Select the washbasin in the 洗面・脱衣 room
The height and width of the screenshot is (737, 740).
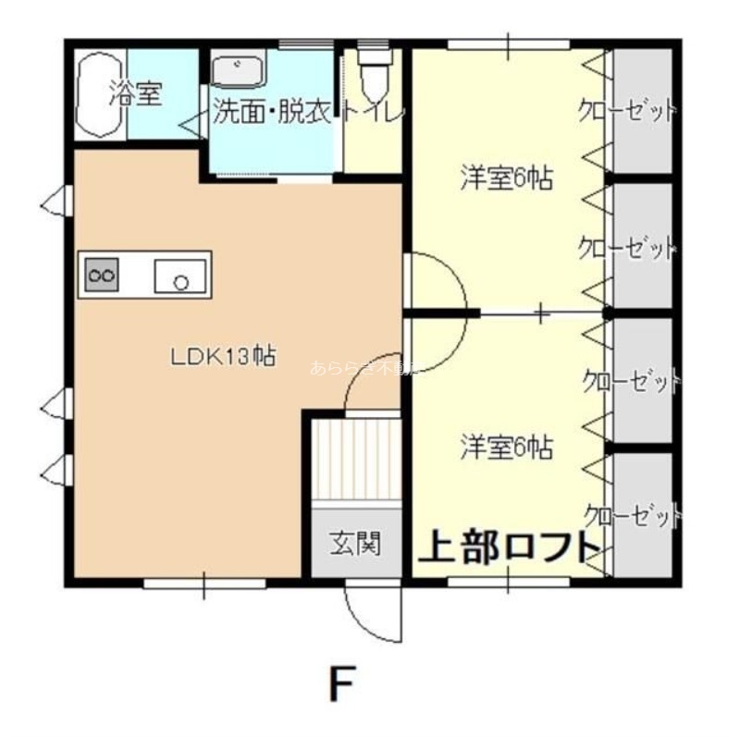click(240, 70)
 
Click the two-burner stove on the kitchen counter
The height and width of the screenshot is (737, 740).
click(102, 274)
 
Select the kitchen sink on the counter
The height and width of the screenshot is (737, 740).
click(179, 276)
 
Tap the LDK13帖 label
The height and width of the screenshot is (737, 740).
click(222, 357)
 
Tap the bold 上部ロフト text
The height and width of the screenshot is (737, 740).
click(510, 547)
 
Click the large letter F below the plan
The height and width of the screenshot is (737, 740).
click(342, 684)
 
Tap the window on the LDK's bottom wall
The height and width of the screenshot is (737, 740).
click(204, 583)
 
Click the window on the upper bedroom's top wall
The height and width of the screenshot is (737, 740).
click(508, 43)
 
